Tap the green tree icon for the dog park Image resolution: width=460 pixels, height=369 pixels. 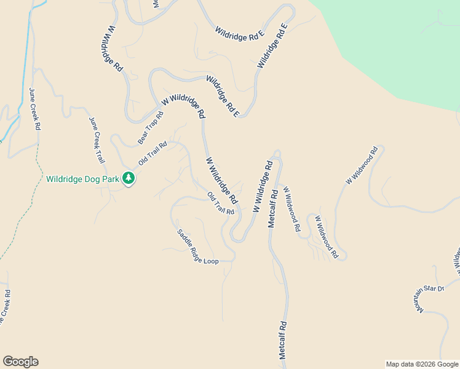pyautogui.click(x=129, y=178)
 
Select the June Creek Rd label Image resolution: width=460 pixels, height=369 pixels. pyautogui.click(x=34, y=109)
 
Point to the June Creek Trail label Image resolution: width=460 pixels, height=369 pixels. pyautogui.click(x=97, y=140)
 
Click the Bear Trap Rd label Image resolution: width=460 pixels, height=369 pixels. pyautogui.click(x=151, y=128)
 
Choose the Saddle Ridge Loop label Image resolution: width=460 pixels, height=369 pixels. pyautogui.click(x=197, y=247)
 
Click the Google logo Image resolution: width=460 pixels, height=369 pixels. pyautogui.click(x=20, y=362)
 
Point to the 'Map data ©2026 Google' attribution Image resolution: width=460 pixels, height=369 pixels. pyautogui.click(x=422, y=364)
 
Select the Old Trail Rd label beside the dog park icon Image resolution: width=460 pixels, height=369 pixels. pyautogui.click(x=153, y=154)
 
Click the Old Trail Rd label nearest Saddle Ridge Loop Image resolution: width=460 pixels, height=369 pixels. pyautogui.click(x=221, y=204)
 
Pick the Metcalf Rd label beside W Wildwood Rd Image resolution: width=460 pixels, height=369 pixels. pyautogui.click(x=272, y=208)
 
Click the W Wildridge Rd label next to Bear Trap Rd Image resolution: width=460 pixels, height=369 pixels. pyautogui.click(x=183, y=105)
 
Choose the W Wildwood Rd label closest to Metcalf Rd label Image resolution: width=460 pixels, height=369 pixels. pyautogui.click(x=291, y=210)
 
